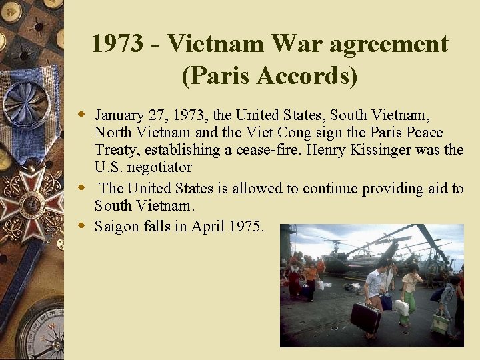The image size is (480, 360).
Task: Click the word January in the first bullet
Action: (x=121, y=115)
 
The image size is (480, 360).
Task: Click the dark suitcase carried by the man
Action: (x=365, y=317)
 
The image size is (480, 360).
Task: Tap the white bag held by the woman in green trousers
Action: (x=402, y=307)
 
